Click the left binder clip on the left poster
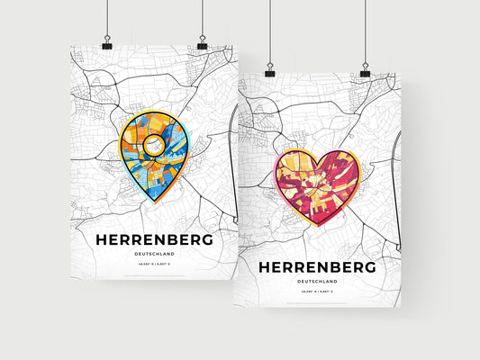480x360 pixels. pyautogui.click(x=107, y=43)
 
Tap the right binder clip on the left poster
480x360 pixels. pyautogui.click(x=202, y=43)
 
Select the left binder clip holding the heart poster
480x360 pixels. pyautogui.click(x=268, y=70)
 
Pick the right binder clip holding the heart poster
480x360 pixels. pyautogui.click(x=365, y=70)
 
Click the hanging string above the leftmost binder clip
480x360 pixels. pyautogui.click(x=107, y=18)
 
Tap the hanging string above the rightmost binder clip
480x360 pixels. pyautogui.click(x=365, y=31)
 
